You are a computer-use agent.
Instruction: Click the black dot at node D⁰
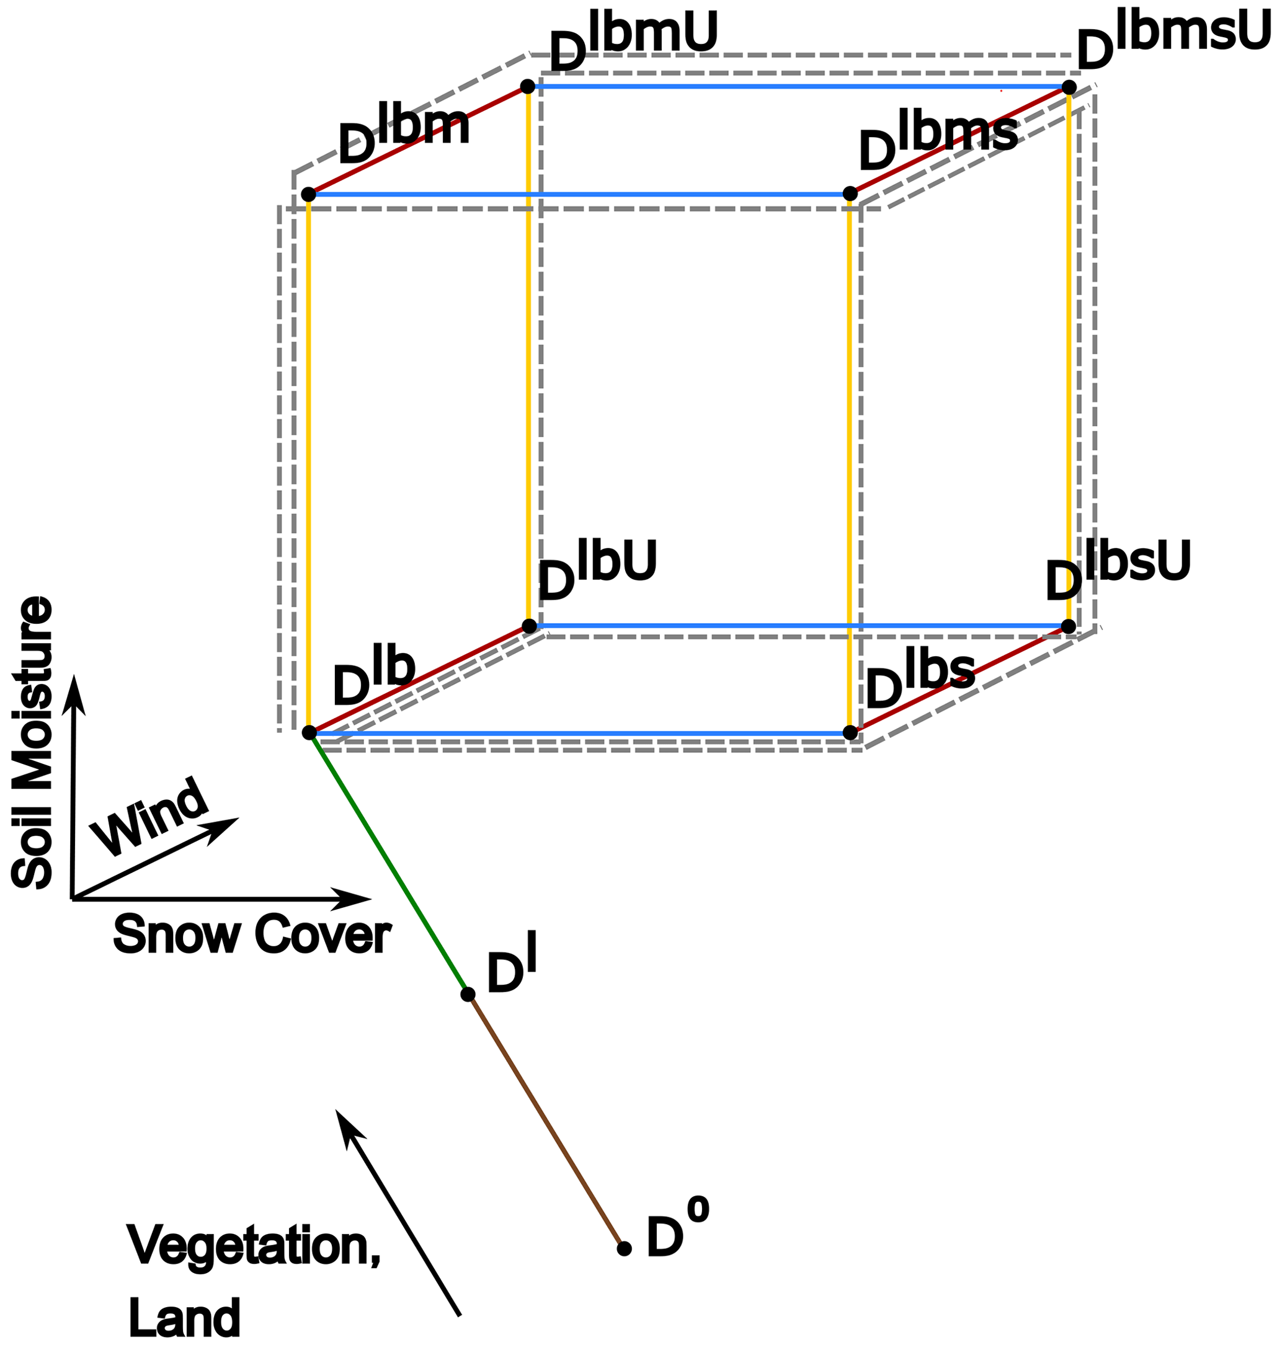point(623,1249)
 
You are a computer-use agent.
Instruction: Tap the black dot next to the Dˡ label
point(468,995)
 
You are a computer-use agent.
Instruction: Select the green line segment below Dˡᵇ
point(388,864)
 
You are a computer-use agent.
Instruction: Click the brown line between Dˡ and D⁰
point(545,1122)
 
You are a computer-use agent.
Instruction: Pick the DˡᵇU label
point(597,571)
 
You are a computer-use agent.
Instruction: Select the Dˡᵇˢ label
point(920,680)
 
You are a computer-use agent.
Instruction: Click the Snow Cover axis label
point(251,935)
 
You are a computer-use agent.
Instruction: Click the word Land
point(184,1317)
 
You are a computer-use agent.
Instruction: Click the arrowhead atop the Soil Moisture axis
point(74,694)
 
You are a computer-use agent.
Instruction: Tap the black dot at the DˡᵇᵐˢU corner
point(1069,87)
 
